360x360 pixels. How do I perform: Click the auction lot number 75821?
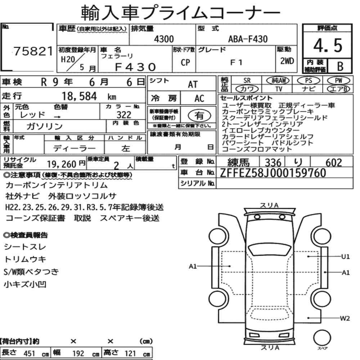(x=33, y=51)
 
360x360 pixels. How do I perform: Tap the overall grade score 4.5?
(x=328, y=45)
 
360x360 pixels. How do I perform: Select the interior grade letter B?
(x=340, y=66)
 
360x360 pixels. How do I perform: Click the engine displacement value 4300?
(x=164, y=39)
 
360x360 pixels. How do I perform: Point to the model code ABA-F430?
(x=248, y=39)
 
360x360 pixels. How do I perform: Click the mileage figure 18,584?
(x=79, y=96)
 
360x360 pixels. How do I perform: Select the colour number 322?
(x=124, y=114)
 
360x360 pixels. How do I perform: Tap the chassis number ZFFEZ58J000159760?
(x=273, y=173)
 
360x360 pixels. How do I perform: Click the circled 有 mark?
(x=199, y=116)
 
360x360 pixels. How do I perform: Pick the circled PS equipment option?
(x=309, y=81)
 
